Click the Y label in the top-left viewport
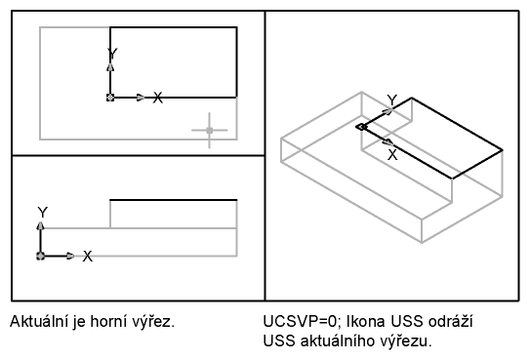point(112,54)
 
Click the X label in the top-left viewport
point(157,98)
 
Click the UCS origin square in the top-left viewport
point(110,98)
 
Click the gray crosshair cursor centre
point(210,130)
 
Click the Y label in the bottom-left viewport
point(43,213)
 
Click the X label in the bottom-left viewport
point(88,257)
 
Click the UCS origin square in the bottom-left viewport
point(41,256)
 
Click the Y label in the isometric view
point(392,100)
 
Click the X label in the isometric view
point(392,155)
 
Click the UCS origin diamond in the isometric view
point(361,127)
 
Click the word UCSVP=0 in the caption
point(300,321)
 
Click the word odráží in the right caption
point(451,321)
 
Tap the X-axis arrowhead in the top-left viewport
point(141,98)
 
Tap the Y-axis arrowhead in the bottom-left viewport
point(41,226)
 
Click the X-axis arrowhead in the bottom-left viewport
point(70,256)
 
